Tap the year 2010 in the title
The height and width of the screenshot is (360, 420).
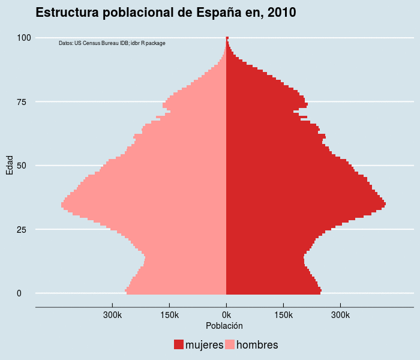280,13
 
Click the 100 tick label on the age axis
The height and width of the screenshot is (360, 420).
24,38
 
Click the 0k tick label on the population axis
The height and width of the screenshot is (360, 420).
226,314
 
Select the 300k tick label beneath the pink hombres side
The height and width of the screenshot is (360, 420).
112,314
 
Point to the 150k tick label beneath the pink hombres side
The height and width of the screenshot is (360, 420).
169,314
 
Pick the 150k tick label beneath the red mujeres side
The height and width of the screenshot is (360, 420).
283,314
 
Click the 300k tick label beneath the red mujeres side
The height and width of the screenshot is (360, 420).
340,314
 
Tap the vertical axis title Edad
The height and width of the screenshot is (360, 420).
10,166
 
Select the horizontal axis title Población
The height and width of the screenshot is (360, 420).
224,326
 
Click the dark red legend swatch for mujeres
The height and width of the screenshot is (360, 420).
179,344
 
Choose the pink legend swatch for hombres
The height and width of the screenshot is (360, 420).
230,344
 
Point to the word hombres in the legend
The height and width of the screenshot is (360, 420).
257,345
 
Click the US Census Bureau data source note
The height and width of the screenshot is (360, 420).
112,43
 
